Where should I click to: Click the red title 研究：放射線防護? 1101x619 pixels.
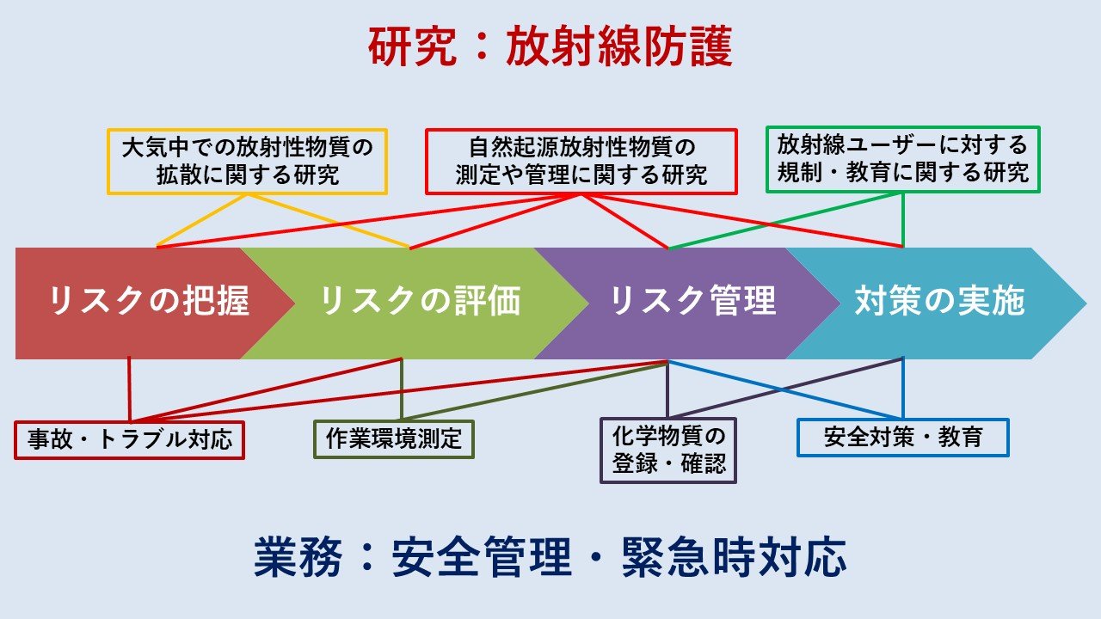coord(550,46)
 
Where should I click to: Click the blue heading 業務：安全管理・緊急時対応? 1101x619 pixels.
coord(550,558)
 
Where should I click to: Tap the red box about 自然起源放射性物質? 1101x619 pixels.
coord(581,162)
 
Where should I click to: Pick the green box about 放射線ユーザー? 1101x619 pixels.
coord(903,160)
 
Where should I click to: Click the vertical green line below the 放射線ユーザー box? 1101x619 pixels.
coord(903,220)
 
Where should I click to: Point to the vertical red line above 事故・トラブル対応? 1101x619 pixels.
coord(129,389)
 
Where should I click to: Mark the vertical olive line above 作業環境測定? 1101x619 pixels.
coord(402,389)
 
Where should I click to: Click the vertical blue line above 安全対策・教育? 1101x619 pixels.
coord(903,388)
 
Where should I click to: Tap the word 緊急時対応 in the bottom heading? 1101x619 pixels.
coord(735,558)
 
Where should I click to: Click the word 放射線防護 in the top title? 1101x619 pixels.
coord(620,46)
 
